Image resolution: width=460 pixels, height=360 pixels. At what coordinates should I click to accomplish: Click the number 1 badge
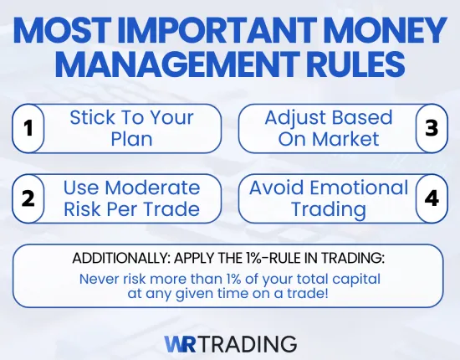point(28,128)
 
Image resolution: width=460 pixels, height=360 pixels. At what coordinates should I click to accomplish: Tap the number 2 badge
point(28,199)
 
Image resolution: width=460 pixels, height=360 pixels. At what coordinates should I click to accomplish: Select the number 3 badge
point(431,128)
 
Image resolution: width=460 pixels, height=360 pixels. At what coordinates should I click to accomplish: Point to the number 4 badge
point(431,199)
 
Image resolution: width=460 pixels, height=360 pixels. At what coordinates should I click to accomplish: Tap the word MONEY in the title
point(381,32)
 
